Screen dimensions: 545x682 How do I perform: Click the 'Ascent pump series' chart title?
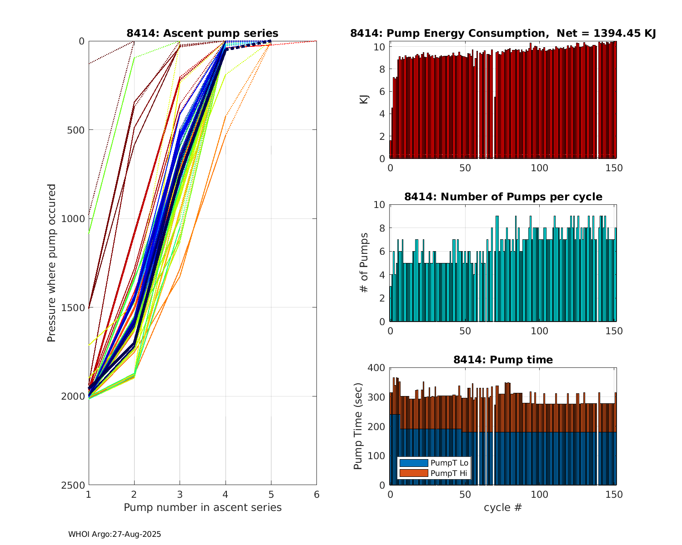(x=202, y=33)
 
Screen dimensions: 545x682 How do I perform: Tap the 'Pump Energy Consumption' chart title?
(x=503, y=33)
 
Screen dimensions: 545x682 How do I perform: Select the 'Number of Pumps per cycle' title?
(x=503, y=197)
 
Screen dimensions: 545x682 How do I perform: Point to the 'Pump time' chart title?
(x=503, y=360)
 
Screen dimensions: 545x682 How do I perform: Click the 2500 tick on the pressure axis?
(x=75, y=485)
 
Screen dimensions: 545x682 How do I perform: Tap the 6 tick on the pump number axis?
(x=316, y=494)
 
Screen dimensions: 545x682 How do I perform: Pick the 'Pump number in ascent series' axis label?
(x=202, y=507)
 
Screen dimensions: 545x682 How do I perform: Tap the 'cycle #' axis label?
(x=503, y=507)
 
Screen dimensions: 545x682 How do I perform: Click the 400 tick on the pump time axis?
(x=378, y=367)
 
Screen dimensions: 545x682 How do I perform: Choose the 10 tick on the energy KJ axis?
(x=381, y=47)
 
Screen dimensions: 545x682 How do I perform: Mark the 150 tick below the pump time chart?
(x=614, y=494)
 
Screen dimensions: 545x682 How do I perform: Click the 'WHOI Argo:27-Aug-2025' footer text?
(x=115, y=535)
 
